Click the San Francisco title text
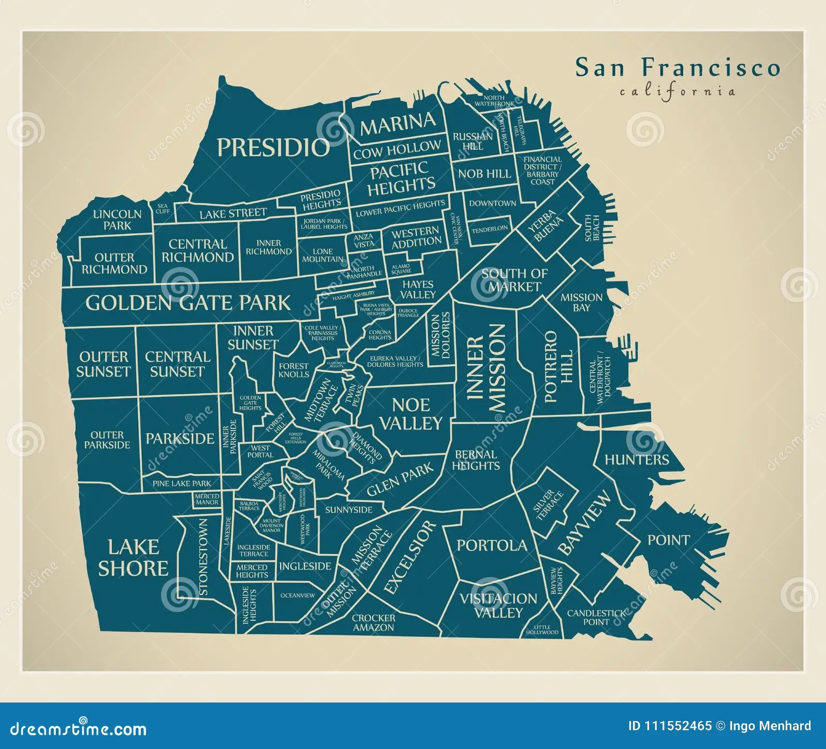pyautogui.click(x=677, y=68)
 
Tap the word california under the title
pyautogui.click(x=677, y=92)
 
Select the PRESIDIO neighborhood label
pyautogui.click(x=273, y=148)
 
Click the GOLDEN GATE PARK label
pyautogui.click(x=188, y=303)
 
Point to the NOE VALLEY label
pyautogui.click(x=411, y=414)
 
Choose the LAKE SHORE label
pyautogui.click(x=133, y=558)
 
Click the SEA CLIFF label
pyautogui.click(x=163, y=208)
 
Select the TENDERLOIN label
pyautogui.click(x=489, y=228)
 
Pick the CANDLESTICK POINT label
pyautogui.click(x=596, y=617)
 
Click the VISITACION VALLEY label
pyautogui.click(x=498, y=605)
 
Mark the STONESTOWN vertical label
pyautogui.click(x=202, y=557)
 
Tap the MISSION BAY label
pyautogui.click(x=581, y=302)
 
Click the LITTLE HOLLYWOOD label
pyautogui.click(x=542, y=630)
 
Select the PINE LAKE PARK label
pyautogui.click(x=182, y=483)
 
